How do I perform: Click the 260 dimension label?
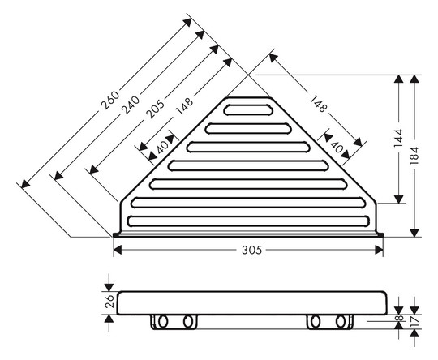click(x=110, y=100)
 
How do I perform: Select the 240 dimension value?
click(x=131, y=105)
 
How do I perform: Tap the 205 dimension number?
click(x=155, y=109)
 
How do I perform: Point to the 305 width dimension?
click(x=251, y=250)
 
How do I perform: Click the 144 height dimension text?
click(x=398, y=139)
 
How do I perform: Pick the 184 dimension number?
click(x=414, y=156)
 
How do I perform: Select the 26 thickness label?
click(x=109, y=301)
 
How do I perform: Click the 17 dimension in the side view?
click(x=415, y=321)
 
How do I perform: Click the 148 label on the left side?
click(x=184, y=106)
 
